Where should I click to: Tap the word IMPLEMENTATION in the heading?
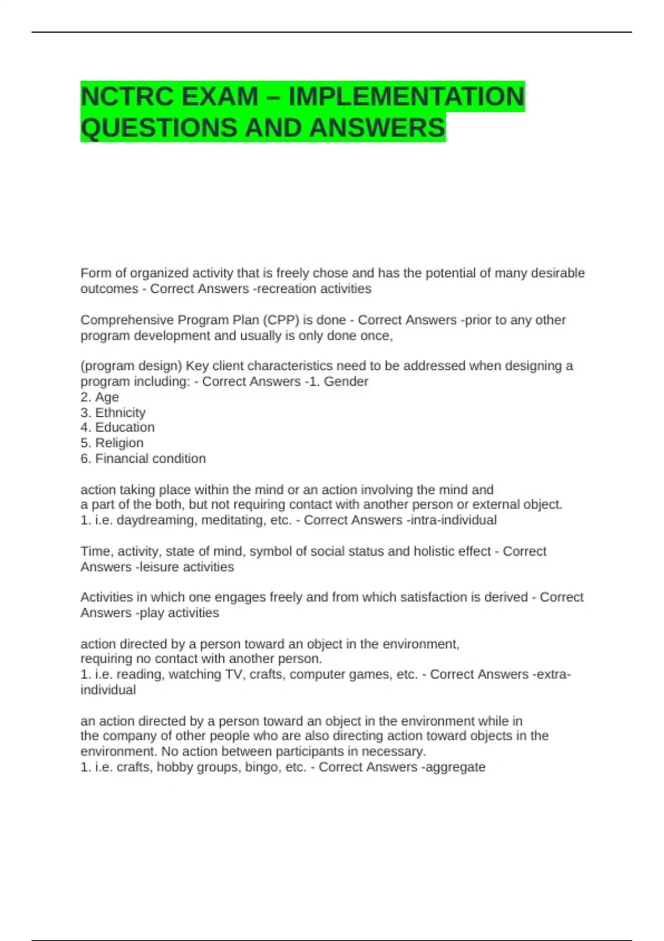tap(407, 97)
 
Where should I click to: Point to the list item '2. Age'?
tap(100, 397)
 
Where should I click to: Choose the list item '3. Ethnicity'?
tap(113, 412)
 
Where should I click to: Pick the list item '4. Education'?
tap(117, 427)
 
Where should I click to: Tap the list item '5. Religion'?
tap(112, 443)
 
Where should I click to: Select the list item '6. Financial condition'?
tap(143, 458)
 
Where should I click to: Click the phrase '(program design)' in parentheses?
tap(131, 366)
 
